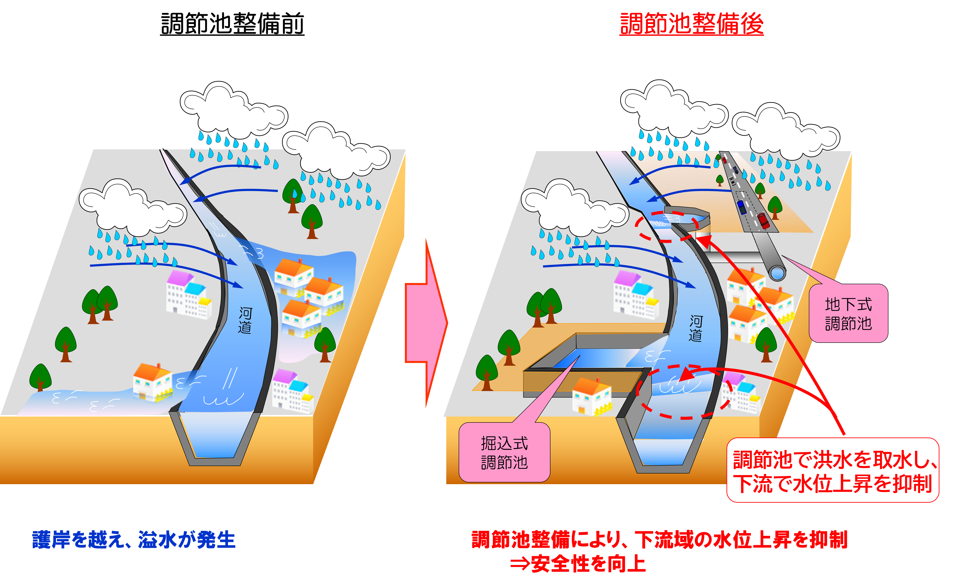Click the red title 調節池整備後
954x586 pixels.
[x=691, y=24]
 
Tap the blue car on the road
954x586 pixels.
[x=742, y=207]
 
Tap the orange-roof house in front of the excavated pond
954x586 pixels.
[x=591, y=395]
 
